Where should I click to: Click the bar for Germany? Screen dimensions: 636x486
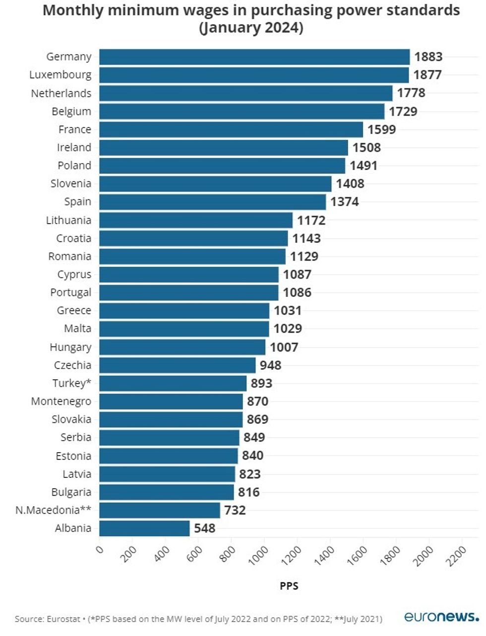click(254, 57)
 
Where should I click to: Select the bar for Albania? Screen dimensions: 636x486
click(144, 528)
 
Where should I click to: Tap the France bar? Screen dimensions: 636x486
click(231, 129)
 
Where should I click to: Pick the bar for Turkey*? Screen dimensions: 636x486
click(173, 383)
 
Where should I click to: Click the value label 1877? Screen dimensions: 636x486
click(427, 75)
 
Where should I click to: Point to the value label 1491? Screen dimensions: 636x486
click(364, 166)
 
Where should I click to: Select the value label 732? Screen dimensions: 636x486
click(235, 510)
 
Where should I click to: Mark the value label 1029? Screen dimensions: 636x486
click(288, 329)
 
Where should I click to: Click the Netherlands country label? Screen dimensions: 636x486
click(61, 93)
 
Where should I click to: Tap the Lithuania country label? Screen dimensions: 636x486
click(68, 220)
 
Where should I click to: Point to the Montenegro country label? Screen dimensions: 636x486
click(61, 401)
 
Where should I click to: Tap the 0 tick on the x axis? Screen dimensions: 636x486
click(99, 549)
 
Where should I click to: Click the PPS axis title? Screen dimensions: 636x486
click(289, 586)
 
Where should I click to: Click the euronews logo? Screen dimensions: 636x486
click(441, 617)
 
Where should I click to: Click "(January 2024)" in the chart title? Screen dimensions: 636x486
click(251, 27)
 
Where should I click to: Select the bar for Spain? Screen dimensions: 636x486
click(212, 202)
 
